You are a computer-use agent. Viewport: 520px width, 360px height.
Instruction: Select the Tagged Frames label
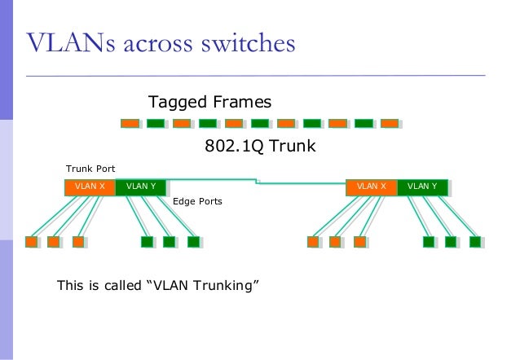(209, 102)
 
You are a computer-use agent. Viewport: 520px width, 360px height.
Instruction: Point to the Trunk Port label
(90, 169)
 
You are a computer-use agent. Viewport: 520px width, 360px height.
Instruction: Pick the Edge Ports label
(197, 200)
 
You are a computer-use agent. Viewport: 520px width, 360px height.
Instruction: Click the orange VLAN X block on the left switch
(90, 187)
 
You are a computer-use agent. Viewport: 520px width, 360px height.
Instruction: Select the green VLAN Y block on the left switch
(141, 187)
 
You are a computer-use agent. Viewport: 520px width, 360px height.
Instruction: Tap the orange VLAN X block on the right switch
(371, 187)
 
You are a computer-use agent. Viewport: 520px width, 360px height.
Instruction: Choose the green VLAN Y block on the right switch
(422, 187)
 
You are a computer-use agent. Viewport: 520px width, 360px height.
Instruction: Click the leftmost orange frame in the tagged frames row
(130, 124)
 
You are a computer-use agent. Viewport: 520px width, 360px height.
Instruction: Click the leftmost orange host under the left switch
(31, 242)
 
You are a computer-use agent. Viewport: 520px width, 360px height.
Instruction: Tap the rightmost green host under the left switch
(193, 242)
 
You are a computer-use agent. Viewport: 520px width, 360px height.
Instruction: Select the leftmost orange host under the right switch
(312, 242)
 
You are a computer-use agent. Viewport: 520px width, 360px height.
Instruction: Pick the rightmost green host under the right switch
(474, 242)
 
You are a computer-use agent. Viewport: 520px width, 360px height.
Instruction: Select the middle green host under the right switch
(451, 242)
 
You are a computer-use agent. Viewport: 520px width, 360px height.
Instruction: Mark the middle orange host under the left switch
(54, 242)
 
